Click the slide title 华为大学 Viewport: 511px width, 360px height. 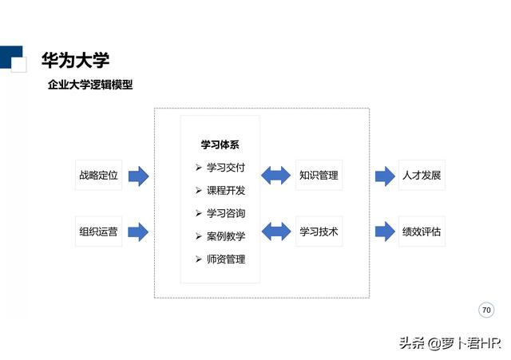point(75,60)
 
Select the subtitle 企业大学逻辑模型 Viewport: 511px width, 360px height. point(89,85)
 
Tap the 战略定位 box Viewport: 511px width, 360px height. point(98,176)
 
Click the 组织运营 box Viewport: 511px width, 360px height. point(98,232)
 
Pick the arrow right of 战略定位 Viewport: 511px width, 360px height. point(138,176)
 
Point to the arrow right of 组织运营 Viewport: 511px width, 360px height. point(138,232)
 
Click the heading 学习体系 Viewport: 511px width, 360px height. point(220,145)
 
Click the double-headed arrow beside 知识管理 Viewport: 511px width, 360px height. point(276,176)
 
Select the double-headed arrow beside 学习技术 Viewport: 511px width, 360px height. point(276,232)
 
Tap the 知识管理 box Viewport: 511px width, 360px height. point(319,176)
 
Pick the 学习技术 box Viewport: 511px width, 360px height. point(319,232)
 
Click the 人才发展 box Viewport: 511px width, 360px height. point(422,176)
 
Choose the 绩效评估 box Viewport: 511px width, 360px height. point(422,232)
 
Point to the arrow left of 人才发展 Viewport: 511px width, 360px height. point(385,176)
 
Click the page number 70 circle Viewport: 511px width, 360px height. point(486,310)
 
